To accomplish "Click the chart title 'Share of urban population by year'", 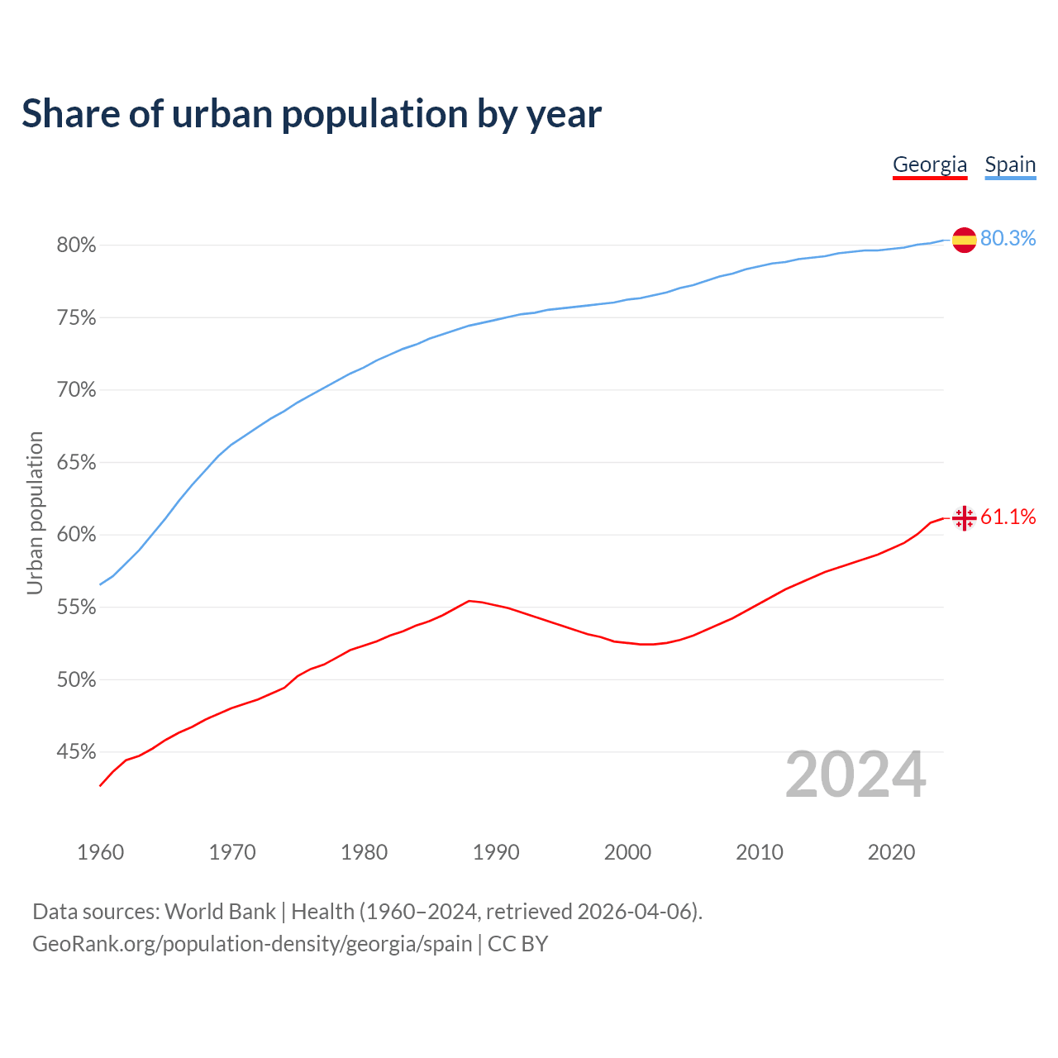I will click(x=312, y=114).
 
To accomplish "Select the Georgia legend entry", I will click(x=930, y=164).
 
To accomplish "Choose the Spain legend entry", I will click(x=1010, y=164).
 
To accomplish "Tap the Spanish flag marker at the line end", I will click(x=964, y=240).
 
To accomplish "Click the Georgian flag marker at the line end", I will click(x=964, y=518).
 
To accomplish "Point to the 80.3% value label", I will click(x=1008, y=238).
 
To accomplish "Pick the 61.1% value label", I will click(x=1008, y=517).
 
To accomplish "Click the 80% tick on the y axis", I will click(x=76, y=245).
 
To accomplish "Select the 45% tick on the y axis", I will click(x=76, y=752).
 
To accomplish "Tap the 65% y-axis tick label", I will click(x=76, y=463).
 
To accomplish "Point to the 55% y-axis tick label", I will click(x=76, y=608).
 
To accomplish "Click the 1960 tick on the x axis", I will click(x=101, y=852).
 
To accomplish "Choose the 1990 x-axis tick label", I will click(x=496, y=852).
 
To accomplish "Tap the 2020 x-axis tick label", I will click(x=891, y=852).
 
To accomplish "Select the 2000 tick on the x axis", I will click(x=627, y=852).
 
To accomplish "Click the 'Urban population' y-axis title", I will click(x=35, y=512).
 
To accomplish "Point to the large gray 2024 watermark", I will click(x=855, y=774).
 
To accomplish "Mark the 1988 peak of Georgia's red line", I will click(x=469, y=601).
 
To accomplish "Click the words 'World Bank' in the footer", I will click(x=220, y=912).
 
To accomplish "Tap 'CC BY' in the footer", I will click(x=517, y=944).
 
